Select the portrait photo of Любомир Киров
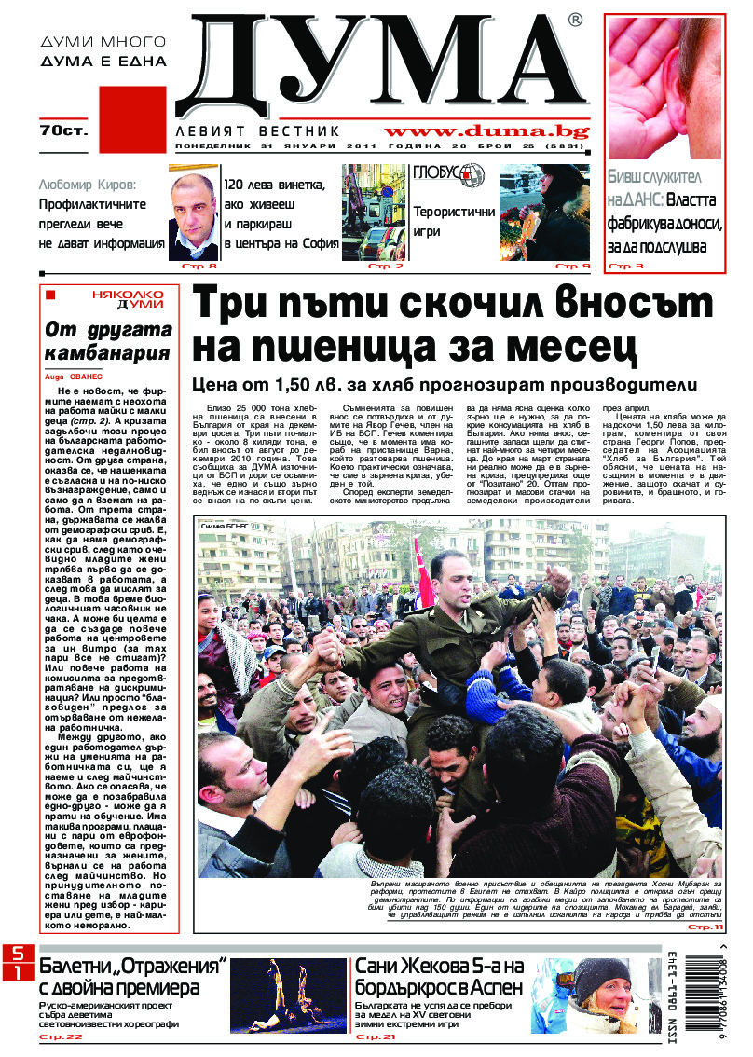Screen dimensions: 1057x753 pyautogui.click(x=193, y=213)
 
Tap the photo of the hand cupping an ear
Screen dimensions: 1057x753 pyautogui.click(x=664, y=89)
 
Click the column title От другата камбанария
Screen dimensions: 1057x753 pyautogui.click(x=109, y=341)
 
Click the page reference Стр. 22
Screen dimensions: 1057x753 pyautogui.click(x=61, y=1036)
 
